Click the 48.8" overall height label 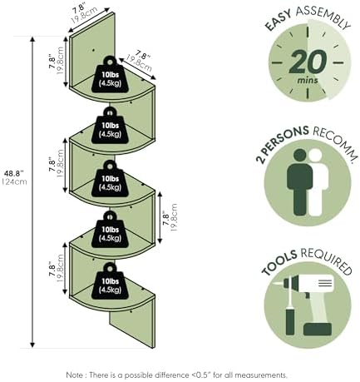click(x=14, y=174)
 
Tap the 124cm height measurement click(x=15, y=182)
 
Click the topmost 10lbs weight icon click(x=111, y=74)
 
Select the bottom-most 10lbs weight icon click(x=111, y=281)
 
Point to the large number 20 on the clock click(x=308, y=62)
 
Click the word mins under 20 click(x=308, y=81)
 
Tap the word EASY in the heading click(x=278, y=20)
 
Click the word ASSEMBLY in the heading click(x=323, y=17)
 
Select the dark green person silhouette click(x=299, y=182)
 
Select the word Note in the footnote click(x=74, y=375)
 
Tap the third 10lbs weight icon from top click(x=111, y=178)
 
